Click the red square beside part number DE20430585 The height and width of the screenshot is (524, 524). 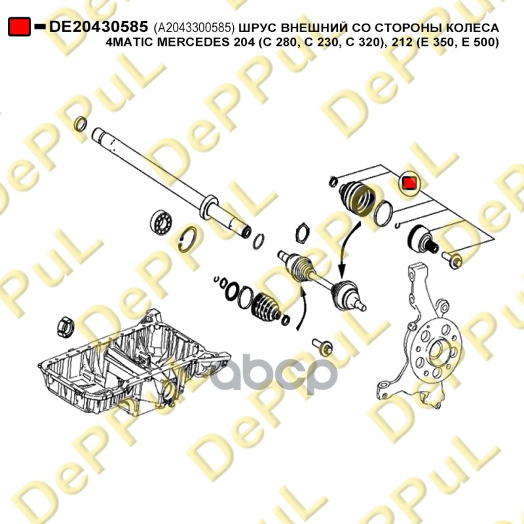(19, 26)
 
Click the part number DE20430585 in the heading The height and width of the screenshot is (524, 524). (99, 28)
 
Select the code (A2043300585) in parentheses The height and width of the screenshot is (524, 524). (194, 28)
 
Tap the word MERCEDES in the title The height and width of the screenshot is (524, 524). (188, 43)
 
